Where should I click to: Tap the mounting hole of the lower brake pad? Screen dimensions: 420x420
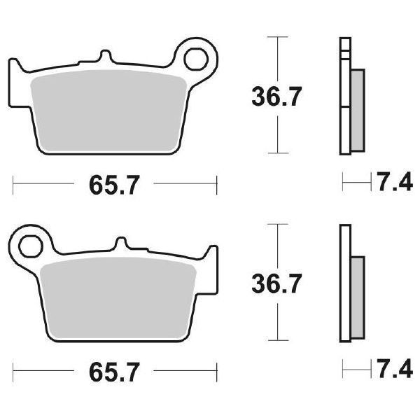(30, 246)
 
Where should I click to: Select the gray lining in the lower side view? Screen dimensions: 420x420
(356, 298)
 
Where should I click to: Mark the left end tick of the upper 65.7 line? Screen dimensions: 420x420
(14, 185)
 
